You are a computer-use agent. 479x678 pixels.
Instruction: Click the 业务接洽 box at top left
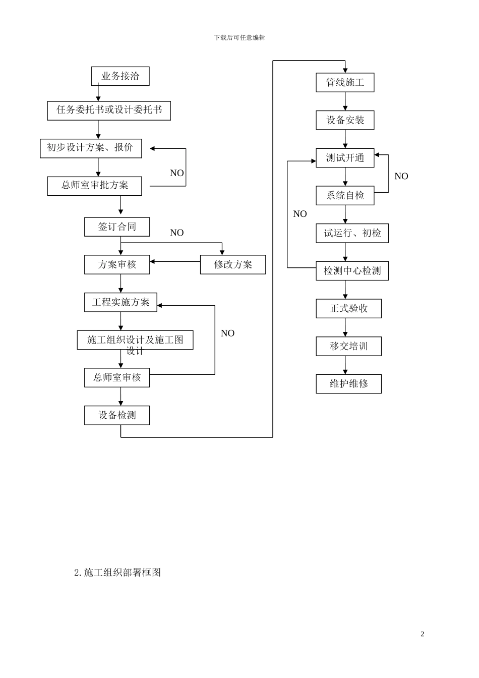point(120,76)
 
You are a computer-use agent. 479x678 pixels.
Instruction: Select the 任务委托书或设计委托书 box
point(109,110)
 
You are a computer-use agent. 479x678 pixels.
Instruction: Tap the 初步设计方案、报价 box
point(91,148)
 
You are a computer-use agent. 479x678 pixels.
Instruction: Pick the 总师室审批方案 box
point(94,186)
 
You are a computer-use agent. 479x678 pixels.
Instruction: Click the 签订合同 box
point(117,227)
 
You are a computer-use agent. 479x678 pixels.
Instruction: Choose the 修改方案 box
point(232,264)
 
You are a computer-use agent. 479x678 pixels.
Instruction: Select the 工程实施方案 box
point(121,302)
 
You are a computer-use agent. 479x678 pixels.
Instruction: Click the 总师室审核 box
point(117,377)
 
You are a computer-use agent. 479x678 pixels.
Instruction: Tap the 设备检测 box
point(117,415)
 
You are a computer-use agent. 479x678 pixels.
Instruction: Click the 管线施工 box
point(345,82)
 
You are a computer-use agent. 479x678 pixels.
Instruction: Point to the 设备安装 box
point(345,120)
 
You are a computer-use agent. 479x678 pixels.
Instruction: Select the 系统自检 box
point(345,195)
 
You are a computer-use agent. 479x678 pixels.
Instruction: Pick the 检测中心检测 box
point(352,271)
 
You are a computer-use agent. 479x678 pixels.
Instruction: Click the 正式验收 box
point(348,308)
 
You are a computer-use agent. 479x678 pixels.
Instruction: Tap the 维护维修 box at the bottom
point(348,384)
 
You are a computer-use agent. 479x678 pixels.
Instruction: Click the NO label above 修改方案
point(177,233)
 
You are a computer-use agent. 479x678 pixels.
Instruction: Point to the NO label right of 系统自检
point(401,176)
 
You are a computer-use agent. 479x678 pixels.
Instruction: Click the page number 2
point(423,634)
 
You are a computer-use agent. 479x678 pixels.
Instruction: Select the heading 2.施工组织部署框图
point(117,573)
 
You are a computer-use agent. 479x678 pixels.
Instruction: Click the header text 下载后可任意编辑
point(239,37)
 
